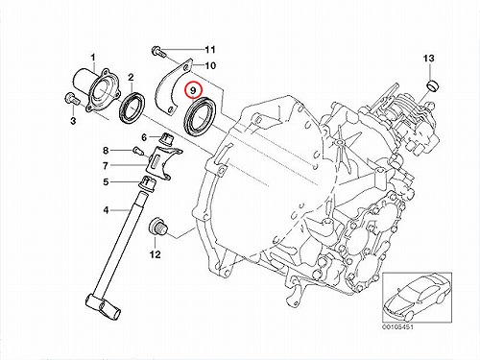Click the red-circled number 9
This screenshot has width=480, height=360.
click(193, 90)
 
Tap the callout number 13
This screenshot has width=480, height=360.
click(428, 59)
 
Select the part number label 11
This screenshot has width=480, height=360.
click(210, 50)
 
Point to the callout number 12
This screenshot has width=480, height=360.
click(155, 254)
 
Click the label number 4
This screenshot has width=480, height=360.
click(106, 210)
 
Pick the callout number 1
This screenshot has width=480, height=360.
click(93, 58)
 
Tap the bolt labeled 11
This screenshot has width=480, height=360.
click(157, 51)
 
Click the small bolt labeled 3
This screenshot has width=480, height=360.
click(72, 98)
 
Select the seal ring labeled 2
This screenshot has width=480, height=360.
click(132, 107)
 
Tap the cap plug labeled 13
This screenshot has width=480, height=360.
click(433, 86)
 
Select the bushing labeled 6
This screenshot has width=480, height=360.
click(167, 138)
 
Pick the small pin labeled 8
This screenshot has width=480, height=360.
click(137, 151)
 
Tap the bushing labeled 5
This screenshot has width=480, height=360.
click(147, 183)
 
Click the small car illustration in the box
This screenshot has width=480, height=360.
click(417, 298)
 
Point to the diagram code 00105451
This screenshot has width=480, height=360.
click(397, 327)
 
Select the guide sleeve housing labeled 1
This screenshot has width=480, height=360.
click(96, 90)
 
